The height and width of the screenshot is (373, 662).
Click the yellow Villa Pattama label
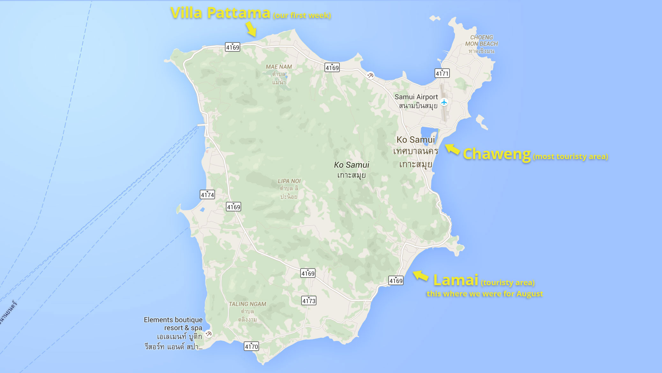pos(220,13)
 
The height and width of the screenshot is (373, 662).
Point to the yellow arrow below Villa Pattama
pos(251,29)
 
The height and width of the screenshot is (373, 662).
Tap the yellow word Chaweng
pos(496,154)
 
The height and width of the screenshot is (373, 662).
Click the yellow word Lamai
pos(456,280)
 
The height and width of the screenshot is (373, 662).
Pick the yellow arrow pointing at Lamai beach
pos(420,276)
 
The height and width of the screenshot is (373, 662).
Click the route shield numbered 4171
pos(442,73)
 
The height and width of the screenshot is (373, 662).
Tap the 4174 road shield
pos(207,195)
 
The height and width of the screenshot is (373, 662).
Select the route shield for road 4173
pos(309,301)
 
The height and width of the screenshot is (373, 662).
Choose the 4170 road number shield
pos(251,346)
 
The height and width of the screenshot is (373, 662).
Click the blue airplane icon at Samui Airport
pos(444,102)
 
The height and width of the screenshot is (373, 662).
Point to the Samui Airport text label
pos(416,97)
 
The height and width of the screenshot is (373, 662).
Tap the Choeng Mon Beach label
pos(481,41)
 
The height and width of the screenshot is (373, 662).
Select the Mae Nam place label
pos(279,67)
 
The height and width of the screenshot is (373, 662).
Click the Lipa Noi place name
pos(289,181)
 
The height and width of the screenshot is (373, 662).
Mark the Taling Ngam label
pos(247,304)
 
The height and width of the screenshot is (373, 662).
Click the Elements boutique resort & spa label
pos(173,324)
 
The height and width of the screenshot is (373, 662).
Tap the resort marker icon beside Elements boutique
pos(209,334)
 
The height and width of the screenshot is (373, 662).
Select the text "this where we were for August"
pos(485,294)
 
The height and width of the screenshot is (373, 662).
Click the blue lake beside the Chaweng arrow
pos(428,134)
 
